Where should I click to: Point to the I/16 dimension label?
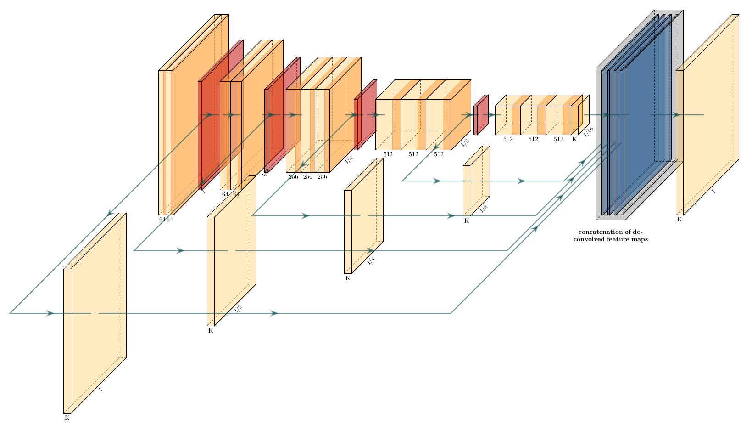[x=588, y=131]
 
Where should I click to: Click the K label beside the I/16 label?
[x=574, y=139]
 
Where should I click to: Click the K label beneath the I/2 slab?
[x=211, y=330]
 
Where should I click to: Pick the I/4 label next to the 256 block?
[x=349, y=160]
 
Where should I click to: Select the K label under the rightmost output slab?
[x=680, y=220]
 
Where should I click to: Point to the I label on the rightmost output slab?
[x=713, y=191]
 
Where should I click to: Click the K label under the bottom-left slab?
[x=67, y=418]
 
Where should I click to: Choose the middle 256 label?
[x=308, y=177]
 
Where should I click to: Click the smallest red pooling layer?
[x=481, y=115]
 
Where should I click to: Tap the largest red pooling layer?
[x=220, y=115]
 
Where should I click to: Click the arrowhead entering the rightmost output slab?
[x=675, y=115]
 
